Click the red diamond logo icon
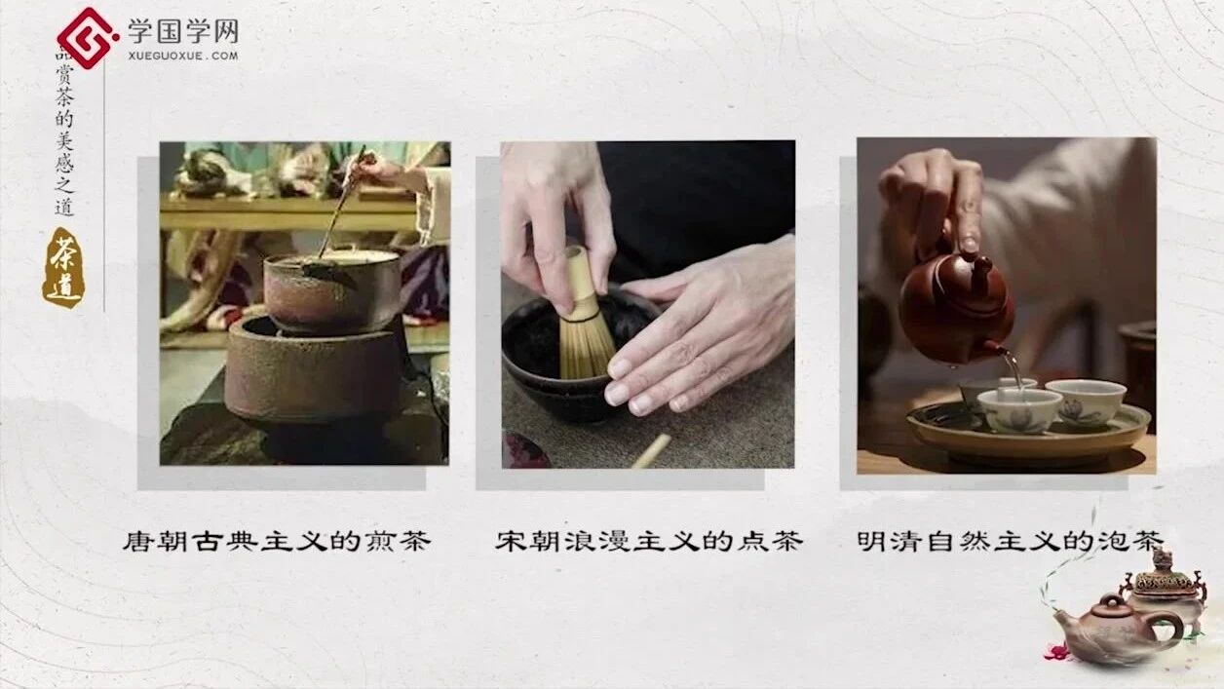(88, 38)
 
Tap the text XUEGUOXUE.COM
(183, 56)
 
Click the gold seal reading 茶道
(64, 268)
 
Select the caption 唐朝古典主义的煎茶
(277, 541)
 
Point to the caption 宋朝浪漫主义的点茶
(650, 541)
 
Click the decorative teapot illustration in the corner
(1115, 629)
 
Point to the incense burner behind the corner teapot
(1167, 591)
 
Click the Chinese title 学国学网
(183, 32)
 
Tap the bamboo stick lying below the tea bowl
(650, 451)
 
